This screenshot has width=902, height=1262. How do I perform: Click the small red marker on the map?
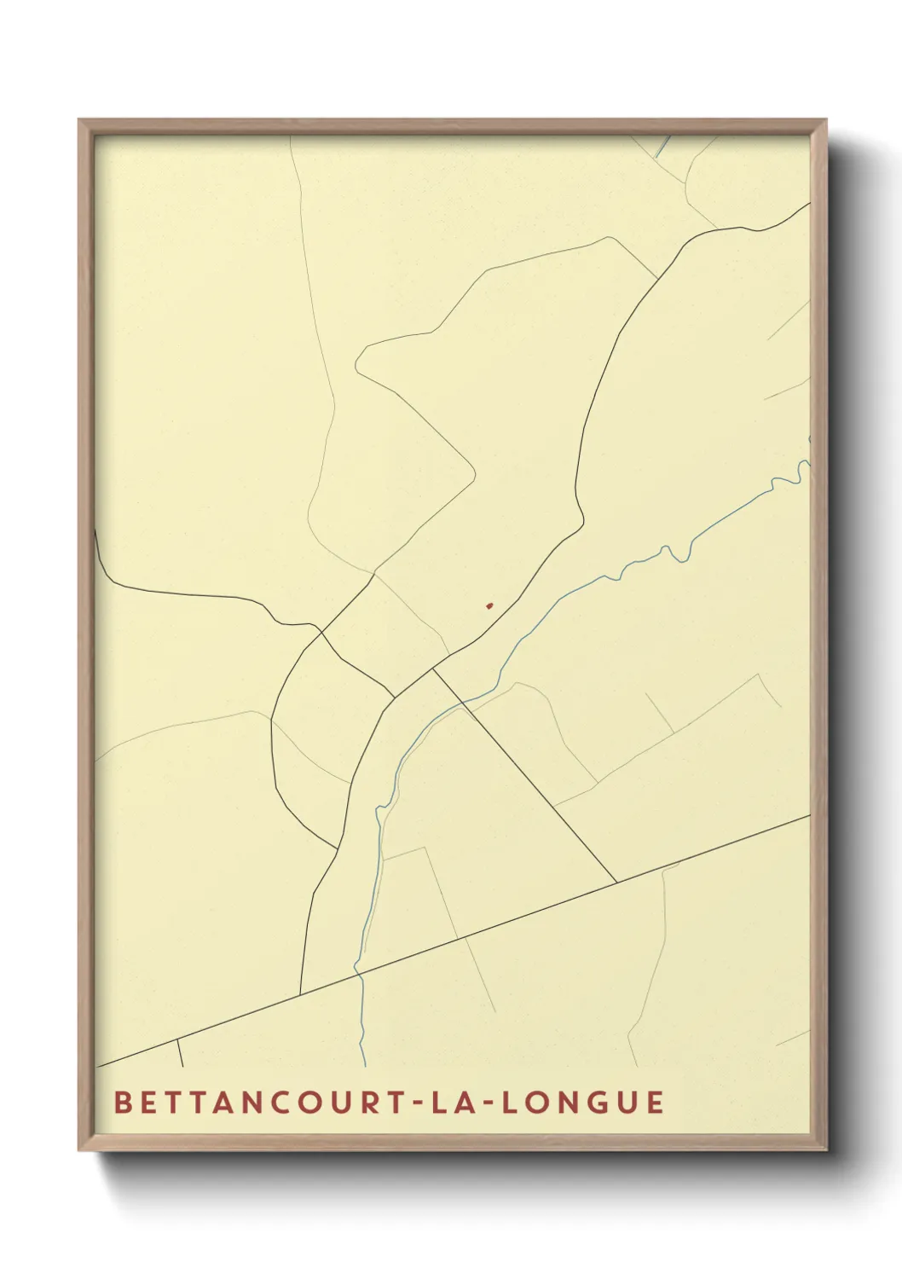click(x=489, y=606)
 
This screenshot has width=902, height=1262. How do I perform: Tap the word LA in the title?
click(x=451, y=1102)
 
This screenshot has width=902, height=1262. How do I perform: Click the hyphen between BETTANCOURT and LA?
click(x=417, y=1103)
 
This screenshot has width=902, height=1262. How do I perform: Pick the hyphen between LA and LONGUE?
click(x=485, y=1103)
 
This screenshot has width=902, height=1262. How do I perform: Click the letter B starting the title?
click(x=122, y=1102)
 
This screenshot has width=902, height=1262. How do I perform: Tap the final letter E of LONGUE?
click(x=655, y=1102)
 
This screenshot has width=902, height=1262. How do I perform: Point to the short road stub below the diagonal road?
click(x=180, y=1053)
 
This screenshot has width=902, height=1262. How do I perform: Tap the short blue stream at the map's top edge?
click(x=662, y=146)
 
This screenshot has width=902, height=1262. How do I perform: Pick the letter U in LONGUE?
click(x=626, y=1102)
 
